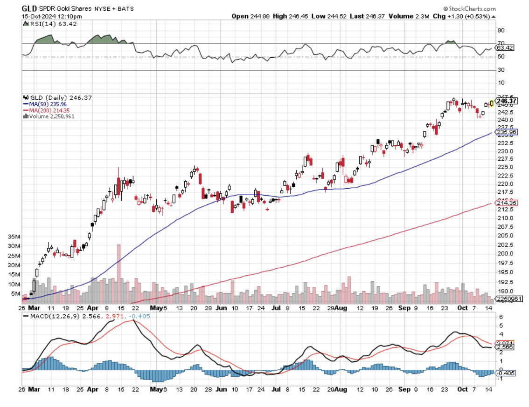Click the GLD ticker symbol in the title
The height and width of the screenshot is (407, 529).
[x=29, y=8]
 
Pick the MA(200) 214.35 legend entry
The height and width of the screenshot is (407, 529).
[x=49, y=110]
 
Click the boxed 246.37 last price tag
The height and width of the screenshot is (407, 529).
[x=507, y=101]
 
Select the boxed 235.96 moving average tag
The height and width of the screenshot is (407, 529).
[x=507, y=132]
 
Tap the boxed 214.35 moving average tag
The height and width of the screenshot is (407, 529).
[x=507, y=203]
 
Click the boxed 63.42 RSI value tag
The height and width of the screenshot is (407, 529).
[x=505, y=47]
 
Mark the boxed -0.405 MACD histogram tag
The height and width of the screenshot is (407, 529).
[x=506, y=373]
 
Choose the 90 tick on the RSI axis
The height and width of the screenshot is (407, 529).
[x=501, y=30]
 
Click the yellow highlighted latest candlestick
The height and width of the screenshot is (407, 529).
[x=492, y=103]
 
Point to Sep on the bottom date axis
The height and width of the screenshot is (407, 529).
[x=404, y=308]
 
